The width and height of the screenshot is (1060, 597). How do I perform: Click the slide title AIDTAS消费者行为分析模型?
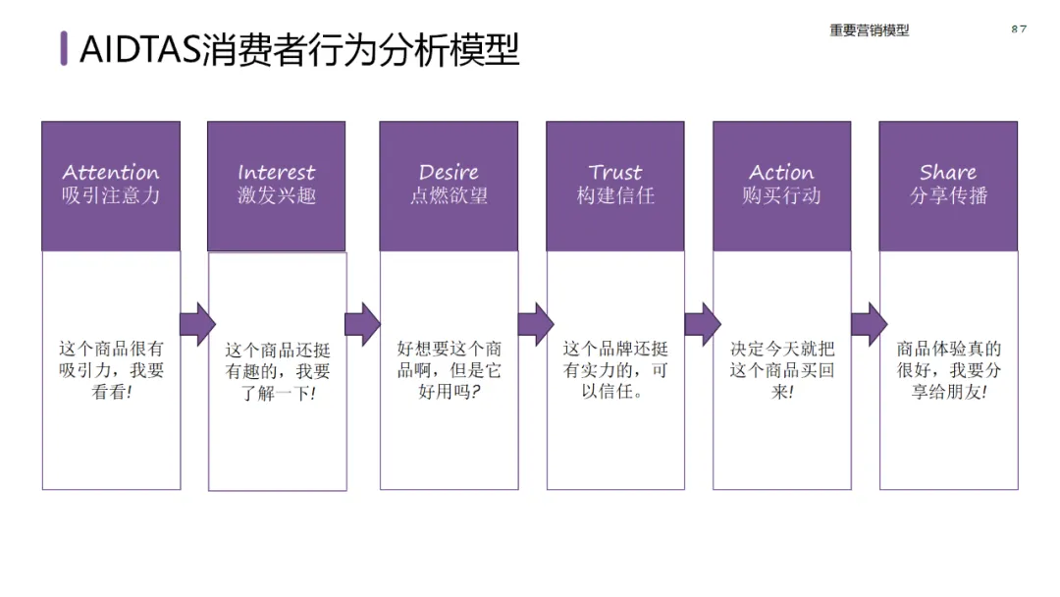pyautogui.click(x=299, y=48)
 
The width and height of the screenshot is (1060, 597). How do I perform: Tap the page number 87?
pyautogui.click(x=1019, y=28)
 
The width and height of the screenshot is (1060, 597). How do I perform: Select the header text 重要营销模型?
pyautogui.click(x=869, y=30)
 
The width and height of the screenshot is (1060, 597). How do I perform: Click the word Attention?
pyautogui.click(x=111, y=173)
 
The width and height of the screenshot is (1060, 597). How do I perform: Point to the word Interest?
pyautogui.click(x=277, y=173)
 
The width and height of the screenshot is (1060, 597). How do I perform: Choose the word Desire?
pyautogui.click(x=449, y=173)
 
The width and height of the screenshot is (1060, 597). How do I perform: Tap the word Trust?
pyautogui.click(x=615, y=173)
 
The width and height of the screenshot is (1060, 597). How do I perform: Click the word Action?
pyautogui.click(x=781, y=173)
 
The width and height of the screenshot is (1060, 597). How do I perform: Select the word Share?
pyautogui.click(x=948, y=173)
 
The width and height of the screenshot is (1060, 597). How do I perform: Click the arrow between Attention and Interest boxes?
pyautogui.click(x=196, y=324)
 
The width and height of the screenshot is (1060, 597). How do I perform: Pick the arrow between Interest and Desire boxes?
pyautogui.click(x=362, y=324)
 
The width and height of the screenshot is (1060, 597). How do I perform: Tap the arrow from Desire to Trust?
pyautogui.click(x=535, y=324)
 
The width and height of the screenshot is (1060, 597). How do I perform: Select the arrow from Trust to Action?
pyautogui.click(x=702, y=324)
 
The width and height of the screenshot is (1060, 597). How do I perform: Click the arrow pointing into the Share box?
pyautogui.click(x=868, y=324)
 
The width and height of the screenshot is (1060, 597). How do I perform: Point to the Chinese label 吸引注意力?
pyautogui.click(x=111, y=195)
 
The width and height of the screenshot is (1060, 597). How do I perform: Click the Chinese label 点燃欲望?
pyautogui.click(x=449, y=195)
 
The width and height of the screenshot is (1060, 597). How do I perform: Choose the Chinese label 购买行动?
pyautogui.click(x=781, y=195)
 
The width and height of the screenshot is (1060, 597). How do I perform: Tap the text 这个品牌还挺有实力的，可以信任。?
pyautogui.click(x=615, y=370)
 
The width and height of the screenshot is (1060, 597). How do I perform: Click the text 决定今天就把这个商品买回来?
pyautogui.click(x=781, y=370)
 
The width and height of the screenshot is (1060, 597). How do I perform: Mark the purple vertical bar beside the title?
pyautogui.click(x=64, y=48)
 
